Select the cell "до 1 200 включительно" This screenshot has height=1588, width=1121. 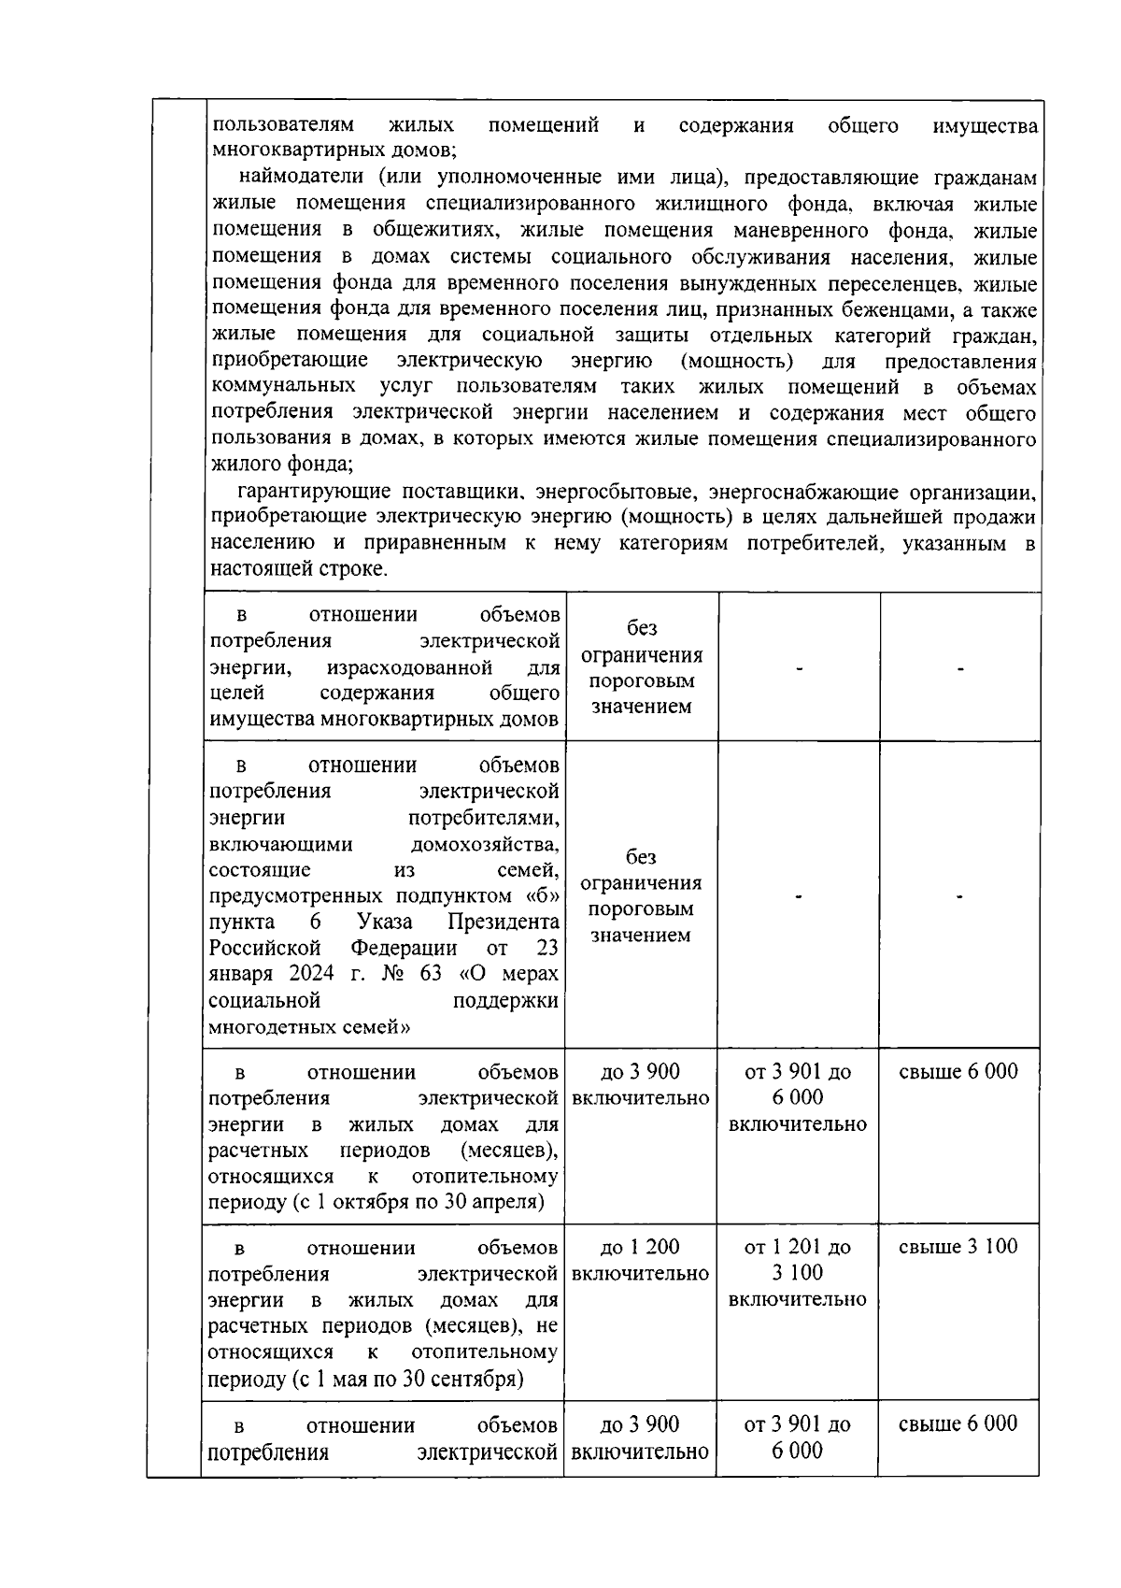coord(640,1260)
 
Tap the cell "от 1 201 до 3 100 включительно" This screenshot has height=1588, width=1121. coord(797,1272)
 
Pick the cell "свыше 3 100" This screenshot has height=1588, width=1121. coord(958,1247)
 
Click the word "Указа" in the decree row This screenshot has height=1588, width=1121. coord(384,922)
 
